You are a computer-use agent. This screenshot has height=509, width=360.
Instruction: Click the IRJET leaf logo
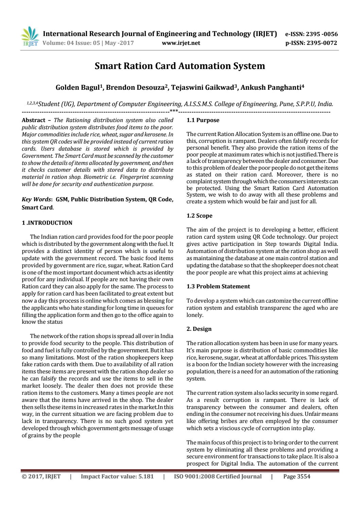pyautogui.click(x=30, y=37)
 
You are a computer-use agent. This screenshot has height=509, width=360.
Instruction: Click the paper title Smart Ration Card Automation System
pyautogui.click(x=179, y=66)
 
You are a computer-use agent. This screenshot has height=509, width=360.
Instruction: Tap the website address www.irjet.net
pyautogui.click(x=181, y=43)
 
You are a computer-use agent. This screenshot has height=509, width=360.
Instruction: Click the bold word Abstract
pyautogui.click(x=33, y=120)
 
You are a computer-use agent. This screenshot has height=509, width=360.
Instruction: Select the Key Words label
pyautogui.click(x=33, y=200)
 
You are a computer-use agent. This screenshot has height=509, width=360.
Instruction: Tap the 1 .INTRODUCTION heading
pyautogui.click(x=47, y=223)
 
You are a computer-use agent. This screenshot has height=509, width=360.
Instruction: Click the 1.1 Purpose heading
pyautogui.click(x=203, y=120)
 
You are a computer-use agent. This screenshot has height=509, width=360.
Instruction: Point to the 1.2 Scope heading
pyautogui.click(x=200, y=216)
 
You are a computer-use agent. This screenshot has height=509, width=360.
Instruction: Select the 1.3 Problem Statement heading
pyautogui.click(x=218, y=286)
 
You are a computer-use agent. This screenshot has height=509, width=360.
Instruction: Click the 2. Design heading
pyautogui.click(x=199, y=329)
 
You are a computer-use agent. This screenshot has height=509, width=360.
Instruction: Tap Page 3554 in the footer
pyautogui.click(x=297, y=476)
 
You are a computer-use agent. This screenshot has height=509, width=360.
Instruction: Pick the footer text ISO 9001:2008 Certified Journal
pyautogui.click(x=218, y=476)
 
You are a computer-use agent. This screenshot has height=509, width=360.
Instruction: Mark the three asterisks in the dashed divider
pyautogui.click(x=174, y=111)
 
